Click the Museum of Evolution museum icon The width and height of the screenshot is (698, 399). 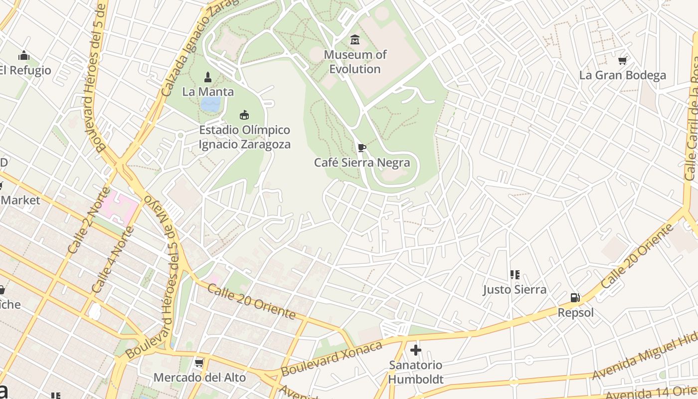(355, 40)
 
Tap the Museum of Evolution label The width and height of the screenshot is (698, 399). (355, 62)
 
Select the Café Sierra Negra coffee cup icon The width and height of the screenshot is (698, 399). (362, 148)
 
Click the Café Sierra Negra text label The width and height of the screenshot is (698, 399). (362, 163)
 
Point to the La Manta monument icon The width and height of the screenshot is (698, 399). (208, 77)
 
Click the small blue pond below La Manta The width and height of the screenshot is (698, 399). (210, 104)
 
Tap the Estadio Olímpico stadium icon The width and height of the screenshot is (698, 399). (244, 115)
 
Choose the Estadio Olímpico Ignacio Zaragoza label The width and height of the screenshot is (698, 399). (244, 137)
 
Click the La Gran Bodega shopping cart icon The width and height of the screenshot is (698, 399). (622, 61)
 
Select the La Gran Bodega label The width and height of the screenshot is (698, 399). (622, 75)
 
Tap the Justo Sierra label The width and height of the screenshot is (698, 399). (515, 289)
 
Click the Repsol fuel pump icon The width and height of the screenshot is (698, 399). (575, 298)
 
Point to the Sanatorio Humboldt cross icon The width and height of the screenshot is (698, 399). (415, 350)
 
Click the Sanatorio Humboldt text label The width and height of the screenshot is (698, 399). (415, 372)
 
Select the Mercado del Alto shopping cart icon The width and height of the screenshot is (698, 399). (199, 363)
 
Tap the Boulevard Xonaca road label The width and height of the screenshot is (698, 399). (332, 359)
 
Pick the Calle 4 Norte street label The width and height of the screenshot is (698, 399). (113, 260)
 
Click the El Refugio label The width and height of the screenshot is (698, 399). (25, 70)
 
